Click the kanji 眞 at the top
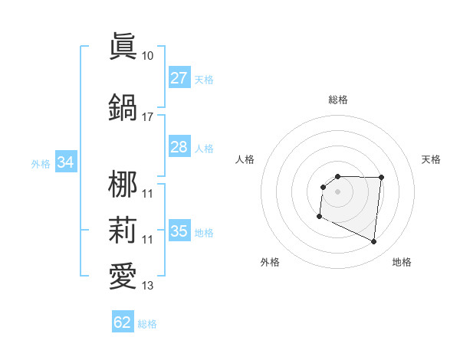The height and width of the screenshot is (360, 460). coord(123,47)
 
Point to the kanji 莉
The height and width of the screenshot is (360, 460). coord(123,231)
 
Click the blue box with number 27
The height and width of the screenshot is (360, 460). coord(179,78)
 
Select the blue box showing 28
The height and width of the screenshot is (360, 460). coord(179,147)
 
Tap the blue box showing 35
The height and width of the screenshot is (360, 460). coord(179,231)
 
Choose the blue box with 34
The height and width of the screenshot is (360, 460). coord(66,162)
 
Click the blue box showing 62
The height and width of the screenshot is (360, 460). coord(123,322)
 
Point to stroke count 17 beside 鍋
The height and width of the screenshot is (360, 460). coord(148,117)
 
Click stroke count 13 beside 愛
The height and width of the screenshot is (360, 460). coord(148,286)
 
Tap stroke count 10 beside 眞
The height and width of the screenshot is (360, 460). coord(148,56)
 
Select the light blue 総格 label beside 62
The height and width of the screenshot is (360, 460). coord(147,324)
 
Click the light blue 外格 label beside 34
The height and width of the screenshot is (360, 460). coord(41,163)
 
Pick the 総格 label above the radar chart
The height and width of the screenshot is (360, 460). coord(337,100)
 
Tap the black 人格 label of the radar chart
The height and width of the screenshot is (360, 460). coord(245,159)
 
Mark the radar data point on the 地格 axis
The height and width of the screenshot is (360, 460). coord(374,242)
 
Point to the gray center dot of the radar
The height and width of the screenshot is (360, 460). coord(337,191)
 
